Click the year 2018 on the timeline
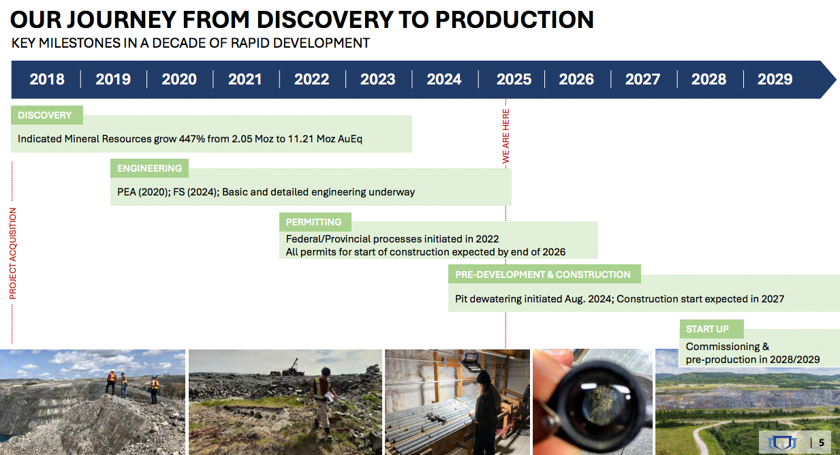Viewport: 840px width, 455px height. tap(47, 80)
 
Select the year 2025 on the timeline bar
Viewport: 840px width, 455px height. tap(514, 80)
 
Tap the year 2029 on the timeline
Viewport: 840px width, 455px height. tap(775, 80)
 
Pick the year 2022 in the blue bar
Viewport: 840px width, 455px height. tap(311, 80)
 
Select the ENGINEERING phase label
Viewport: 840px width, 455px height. tap(149, 168)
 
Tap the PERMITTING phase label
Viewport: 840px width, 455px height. tap(315, 222)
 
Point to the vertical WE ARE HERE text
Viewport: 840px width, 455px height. tap(506, 136)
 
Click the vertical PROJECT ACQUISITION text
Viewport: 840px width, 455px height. tap(13, 254)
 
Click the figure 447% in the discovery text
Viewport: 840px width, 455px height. tap(191, 139)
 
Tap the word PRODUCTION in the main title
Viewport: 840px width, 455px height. tap(514, 20)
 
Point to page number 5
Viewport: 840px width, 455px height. tap(822, 443)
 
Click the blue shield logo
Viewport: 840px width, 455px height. tap(782, 443)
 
